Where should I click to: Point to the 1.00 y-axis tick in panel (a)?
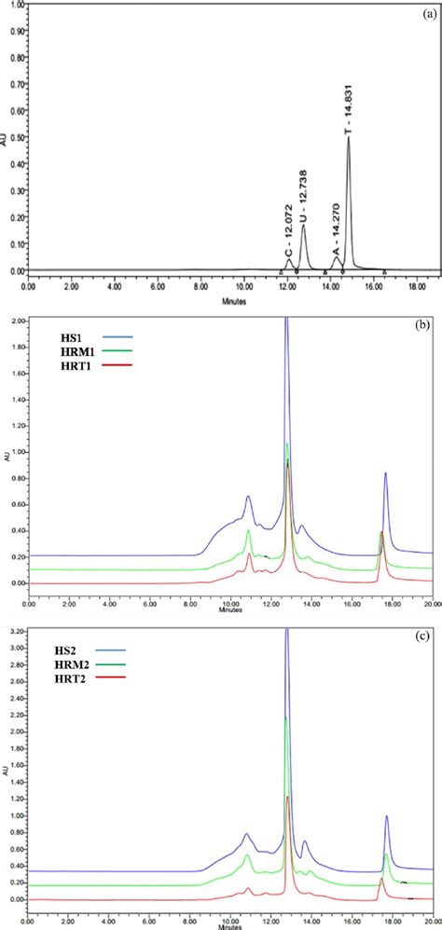coord(18,7)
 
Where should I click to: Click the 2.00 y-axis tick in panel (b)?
coord(18,320)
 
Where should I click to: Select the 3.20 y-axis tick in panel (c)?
coord(18,632)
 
